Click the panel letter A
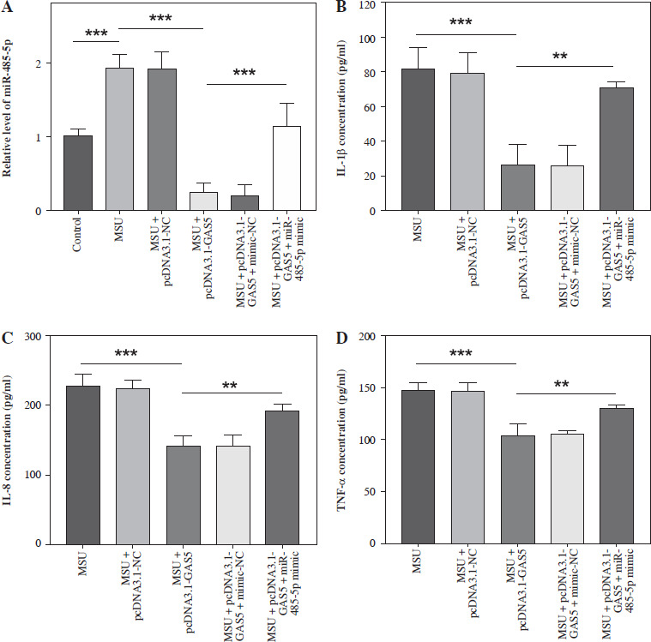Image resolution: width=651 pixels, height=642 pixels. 8,8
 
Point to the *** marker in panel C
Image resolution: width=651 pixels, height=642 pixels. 130,355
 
